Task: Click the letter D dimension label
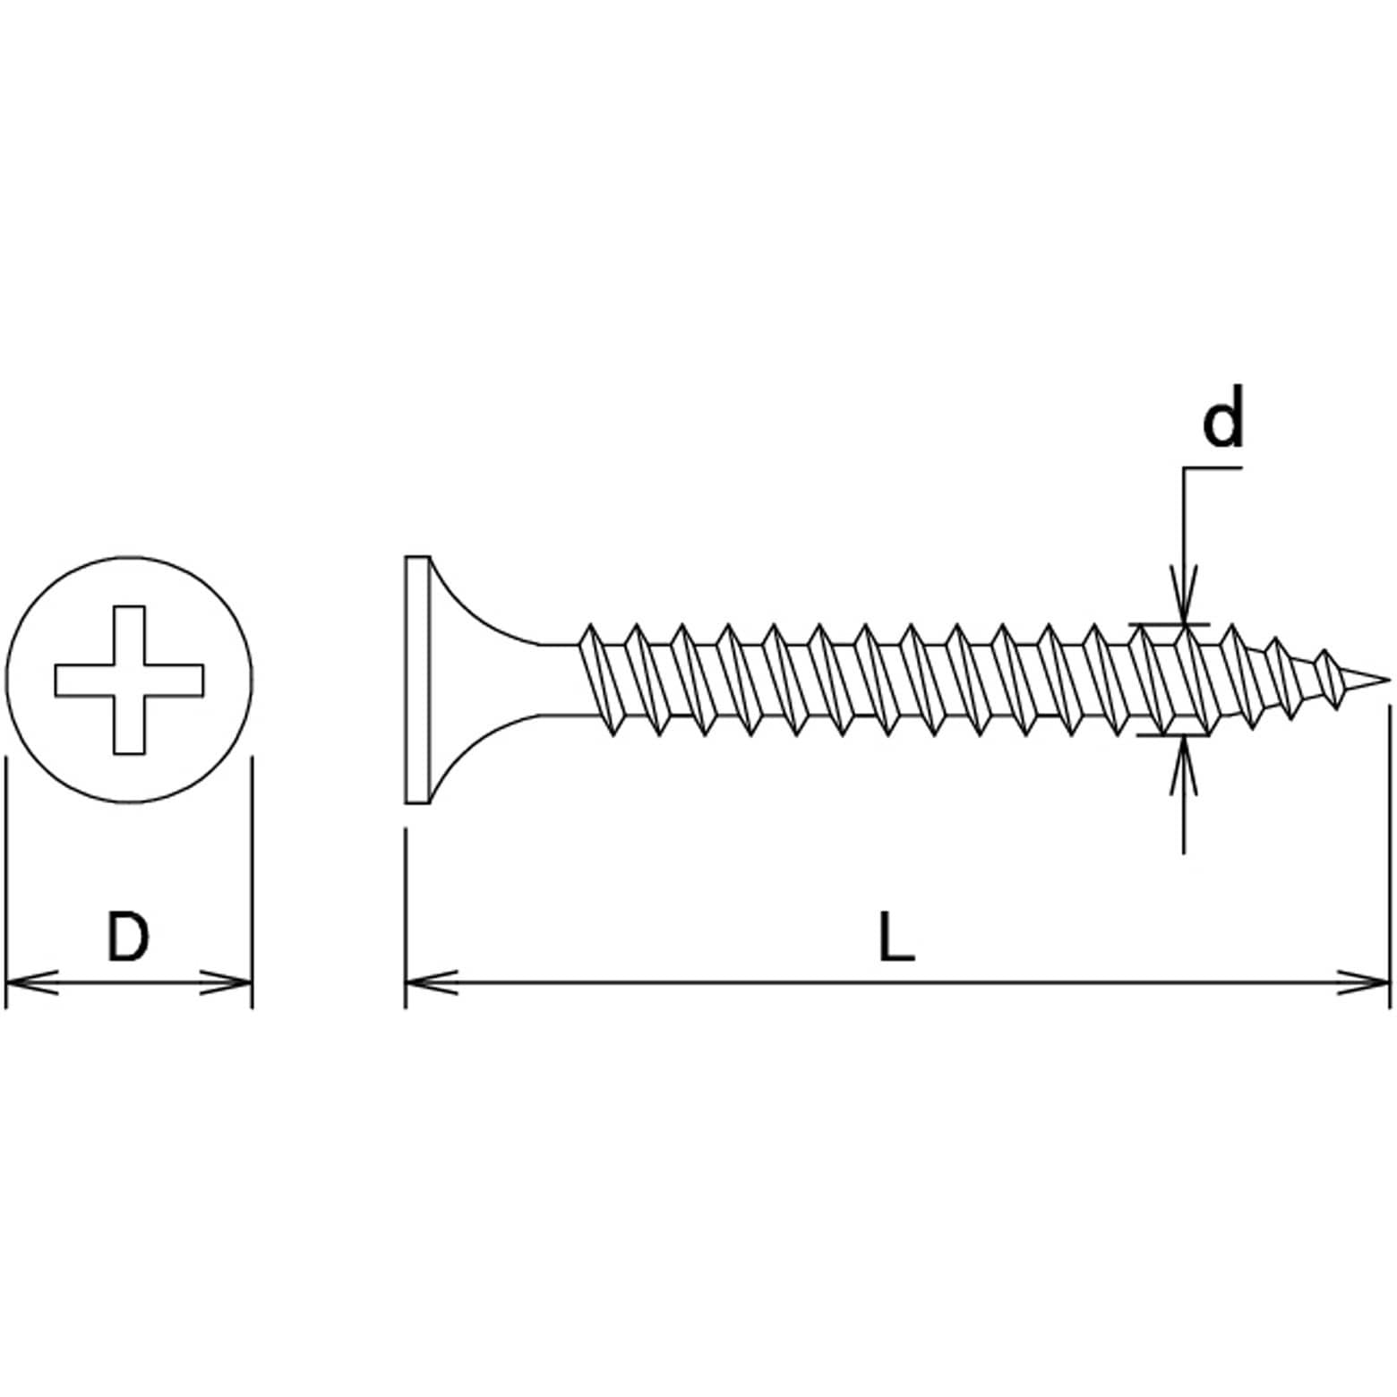point(127,936)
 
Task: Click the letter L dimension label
point(896,936)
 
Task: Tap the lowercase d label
point(1222,416)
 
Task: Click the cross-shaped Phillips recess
point(129,679)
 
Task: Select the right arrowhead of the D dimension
point(227,982)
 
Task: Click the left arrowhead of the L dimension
point(431,982)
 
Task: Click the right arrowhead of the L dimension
point(1364,982)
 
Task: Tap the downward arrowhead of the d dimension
point(1184,596)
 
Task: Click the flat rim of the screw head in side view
point(418,680)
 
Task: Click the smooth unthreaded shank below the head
point(560,680)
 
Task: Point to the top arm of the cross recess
point(129,635)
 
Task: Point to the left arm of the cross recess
point(84,680)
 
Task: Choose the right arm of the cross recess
point(174,680)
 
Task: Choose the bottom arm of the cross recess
point(129,724)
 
